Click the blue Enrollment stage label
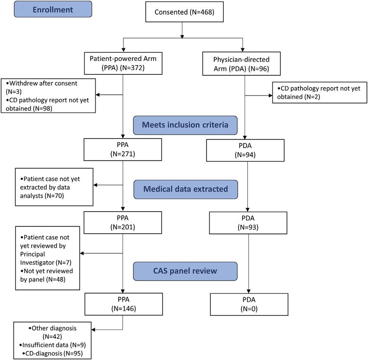click(x=53, y=9)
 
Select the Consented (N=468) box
click(x=184, y=12)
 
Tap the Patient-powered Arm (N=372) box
click(x=123, y=63)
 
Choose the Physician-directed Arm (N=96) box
click(x=241, y=64)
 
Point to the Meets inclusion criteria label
click(x=185, y=125)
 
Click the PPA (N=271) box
click(x=123, y=149)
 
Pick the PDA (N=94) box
click(x=245, y=150)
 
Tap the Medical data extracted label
click(x=186, y=189)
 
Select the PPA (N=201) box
click(x=123, y=222)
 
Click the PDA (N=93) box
click(x=248, y=223)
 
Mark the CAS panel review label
click(x=185, y=271)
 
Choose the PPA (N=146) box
click(x=124, y=304)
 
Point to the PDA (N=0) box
click(x=249, y=305)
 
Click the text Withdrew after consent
click(x=43, y=84)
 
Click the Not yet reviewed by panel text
click(x=46, y=275)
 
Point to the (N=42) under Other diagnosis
click(x=52, y=337)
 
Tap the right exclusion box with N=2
click(x=320, y=93)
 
